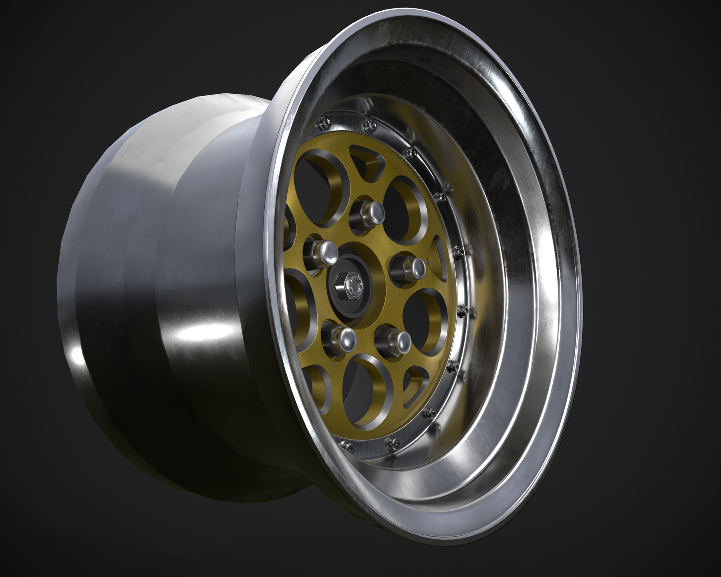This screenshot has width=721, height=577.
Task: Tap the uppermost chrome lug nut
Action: pos(367,213)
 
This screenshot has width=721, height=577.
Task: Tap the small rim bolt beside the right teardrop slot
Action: pos(459,251)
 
